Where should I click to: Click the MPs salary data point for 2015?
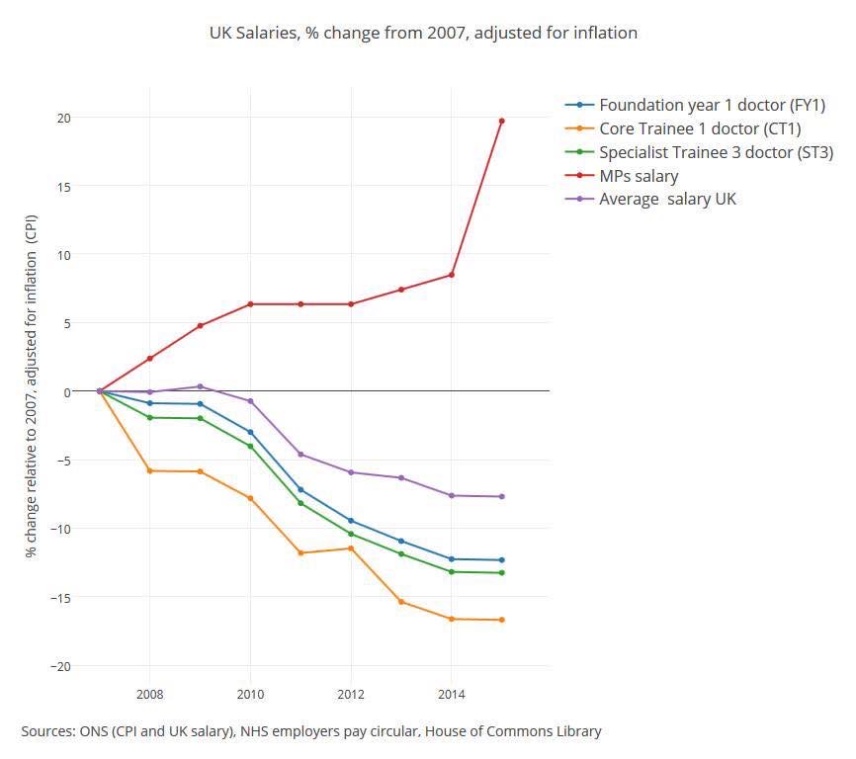[x=501, y=121]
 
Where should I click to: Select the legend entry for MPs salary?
[x=638, y=176]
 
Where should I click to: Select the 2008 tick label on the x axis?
[x=149, y=695]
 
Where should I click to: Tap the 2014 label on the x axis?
[x=451, y=695]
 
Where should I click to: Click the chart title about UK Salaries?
[x=423, y=33]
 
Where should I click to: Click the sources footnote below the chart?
[x=311, y=731]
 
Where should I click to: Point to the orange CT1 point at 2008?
[x=149, y=470]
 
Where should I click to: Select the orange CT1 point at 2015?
[x=501, y=620]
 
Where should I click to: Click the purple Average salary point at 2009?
[x=200, y=386]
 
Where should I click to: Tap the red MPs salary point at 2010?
[x=250, y=304]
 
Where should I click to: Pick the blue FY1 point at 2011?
[x=300, y=489]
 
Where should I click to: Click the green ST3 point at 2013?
[x=400, y=553]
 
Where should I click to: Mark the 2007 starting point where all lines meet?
[x=100, y=391]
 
